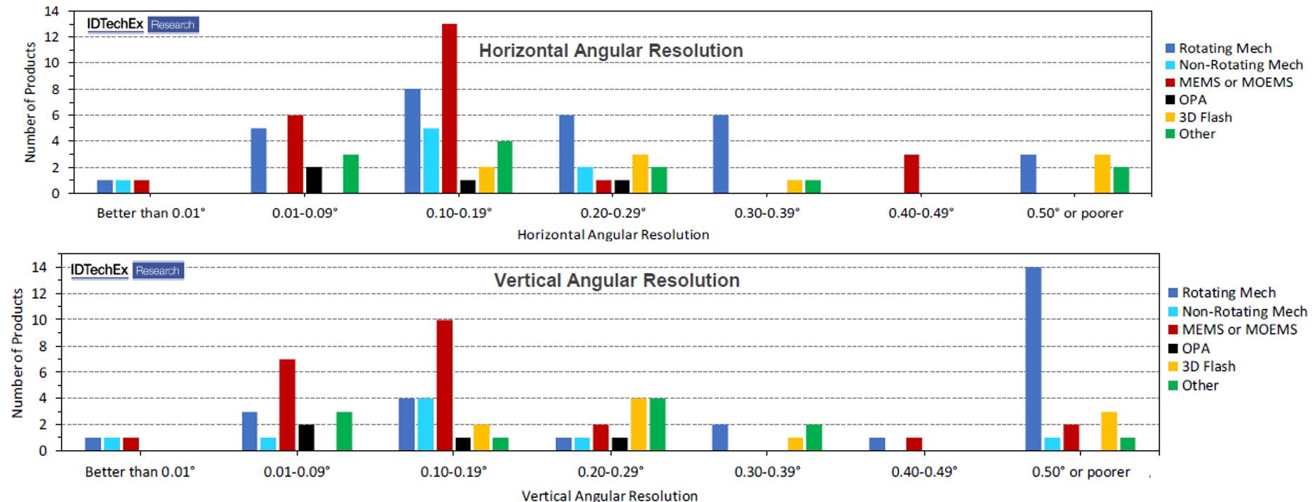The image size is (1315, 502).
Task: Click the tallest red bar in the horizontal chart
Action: tap(449, 109)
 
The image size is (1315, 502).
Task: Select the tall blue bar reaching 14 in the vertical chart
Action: tap(1033, 359)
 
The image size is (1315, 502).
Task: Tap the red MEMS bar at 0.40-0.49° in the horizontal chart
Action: tap(912, 174)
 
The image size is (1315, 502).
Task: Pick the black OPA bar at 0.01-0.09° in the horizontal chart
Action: tap(314, 180)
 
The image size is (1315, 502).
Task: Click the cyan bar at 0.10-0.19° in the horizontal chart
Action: tap(431, 161)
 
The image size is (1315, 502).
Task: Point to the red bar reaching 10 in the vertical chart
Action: tap(444, 385)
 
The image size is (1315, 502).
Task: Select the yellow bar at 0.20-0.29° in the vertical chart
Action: tap(639, 424)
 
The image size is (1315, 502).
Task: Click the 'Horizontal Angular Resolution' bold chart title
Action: tap(610, 51)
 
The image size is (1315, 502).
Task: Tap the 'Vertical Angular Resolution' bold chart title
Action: tap(616, 280)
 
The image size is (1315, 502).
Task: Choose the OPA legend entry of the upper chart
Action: tap(1192, 100)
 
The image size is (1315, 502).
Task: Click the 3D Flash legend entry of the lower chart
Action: tap(1208, 366)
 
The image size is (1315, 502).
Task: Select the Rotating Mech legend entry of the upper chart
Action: tap(1224, 48)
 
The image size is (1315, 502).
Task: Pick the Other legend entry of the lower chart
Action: tap(1199, 385)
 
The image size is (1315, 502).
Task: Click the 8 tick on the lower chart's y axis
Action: tap(43, 346)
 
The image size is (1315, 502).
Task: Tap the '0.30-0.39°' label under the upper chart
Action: tap(767, 213)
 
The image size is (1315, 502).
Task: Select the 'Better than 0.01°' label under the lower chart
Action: tap(140, 472)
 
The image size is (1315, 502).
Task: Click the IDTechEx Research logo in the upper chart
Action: tap(142, 25)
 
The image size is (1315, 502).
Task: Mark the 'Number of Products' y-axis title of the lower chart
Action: tap(18, 353)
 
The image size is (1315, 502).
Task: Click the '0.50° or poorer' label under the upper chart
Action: tap(1074, 213)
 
